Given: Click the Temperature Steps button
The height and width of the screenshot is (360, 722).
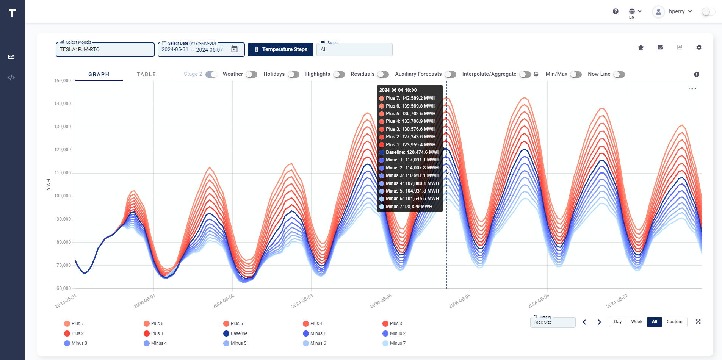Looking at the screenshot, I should point(280,50).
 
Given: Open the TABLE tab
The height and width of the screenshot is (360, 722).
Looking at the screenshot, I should point(146,74).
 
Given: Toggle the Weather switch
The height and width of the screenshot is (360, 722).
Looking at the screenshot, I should point(251,74).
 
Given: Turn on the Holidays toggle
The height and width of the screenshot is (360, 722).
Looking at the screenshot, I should point(293,74).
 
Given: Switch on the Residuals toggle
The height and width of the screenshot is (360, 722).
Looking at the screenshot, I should point(383,74).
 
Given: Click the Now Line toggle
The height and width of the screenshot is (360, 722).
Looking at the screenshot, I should point(619,74).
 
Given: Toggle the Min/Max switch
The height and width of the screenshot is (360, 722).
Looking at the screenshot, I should point(576,74).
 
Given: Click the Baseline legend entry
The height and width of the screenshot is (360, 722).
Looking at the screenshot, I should point(239,333).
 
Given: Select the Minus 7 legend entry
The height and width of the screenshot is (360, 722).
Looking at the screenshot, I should point(398,343).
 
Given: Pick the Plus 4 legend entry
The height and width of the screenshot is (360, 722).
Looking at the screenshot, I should point(316,324).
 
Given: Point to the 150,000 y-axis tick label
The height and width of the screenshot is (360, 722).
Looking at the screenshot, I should point(63,81).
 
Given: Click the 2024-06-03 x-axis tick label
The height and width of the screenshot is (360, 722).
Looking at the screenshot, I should point(302,301).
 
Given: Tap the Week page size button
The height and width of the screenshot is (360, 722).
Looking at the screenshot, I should point(636,322).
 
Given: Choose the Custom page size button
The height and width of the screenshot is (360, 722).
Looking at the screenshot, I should point(674,322).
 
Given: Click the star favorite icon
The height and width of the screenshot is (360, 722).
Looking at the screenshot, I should point(641,47).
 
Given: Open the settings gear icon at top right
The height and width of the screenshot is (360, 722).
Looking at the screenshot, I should point(699,47).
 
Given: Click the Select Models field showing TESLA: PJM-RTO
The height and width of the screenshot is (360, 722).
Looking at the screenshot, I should point(105,50).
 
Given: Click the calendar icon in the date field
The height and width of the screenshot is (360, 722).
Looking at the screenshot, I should point(235,49).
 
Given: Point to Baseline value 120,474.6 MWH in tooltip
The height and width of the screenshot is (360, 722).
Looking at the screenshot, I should point(413,152).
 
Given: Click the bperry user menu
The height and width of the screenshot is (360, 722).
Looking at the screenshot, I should point(677,11).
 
